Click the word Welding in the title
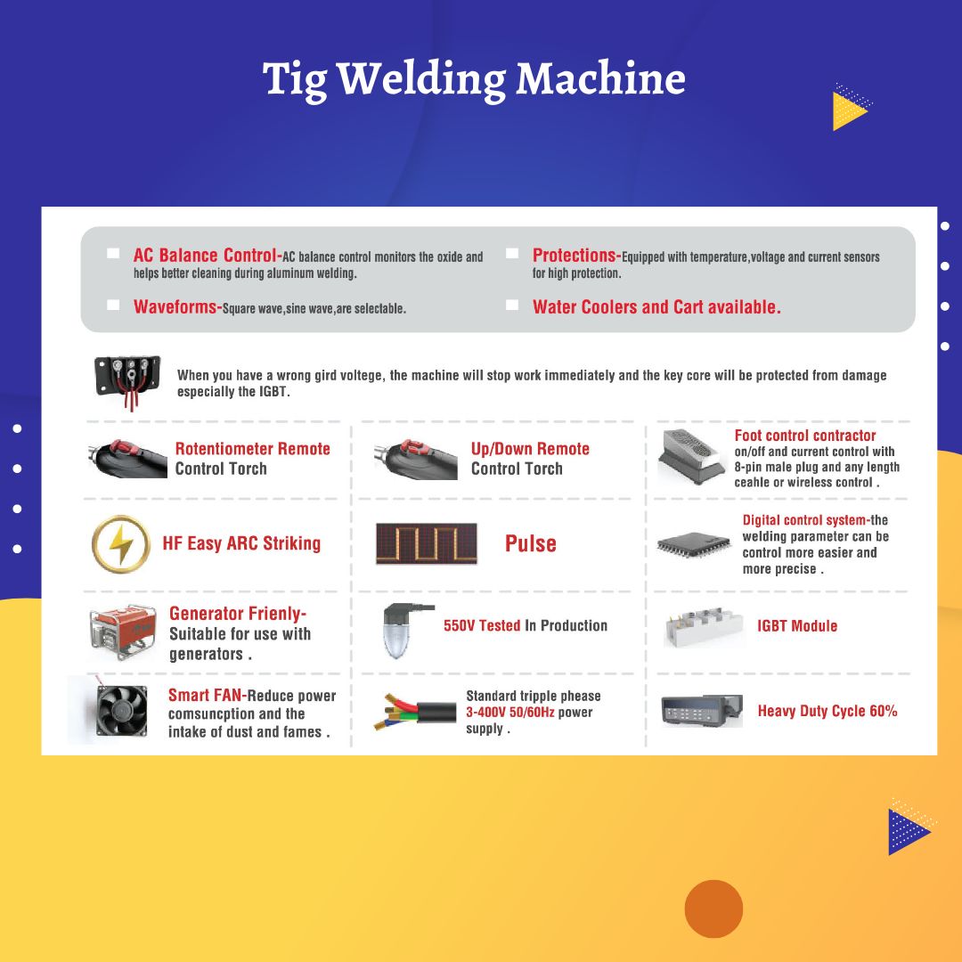(x=422, y=80)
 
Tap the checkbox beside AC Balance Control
(x=113, y=253)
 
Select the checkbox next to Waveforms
(x=113, y=305)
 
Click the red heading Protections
(x=574, y=256)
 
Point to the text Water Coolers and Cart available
(x=656, y=306)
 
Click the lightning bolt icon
(x=121, y=544)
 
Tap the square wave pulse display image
(x=427, y=543)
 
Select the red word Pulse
(x=531, y=543)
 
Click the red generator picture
(x=122, y=632)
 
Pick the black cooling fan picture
(x=122, y=711)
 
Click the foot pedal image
(x=691, y=457)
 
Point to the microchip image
(x=693, y=545)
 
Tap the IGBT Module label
(x=797, y=626)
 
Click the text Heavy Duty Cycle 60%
(x=827, y=711)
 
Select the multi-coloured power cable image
(x=415, y=712)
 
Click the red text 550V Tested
(x=482, y=626)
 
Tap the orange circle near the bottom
(x=713, y=909)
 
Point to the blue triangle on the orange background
(x=908, y=832)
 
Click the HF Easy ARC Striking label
(x=241, y=543)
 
